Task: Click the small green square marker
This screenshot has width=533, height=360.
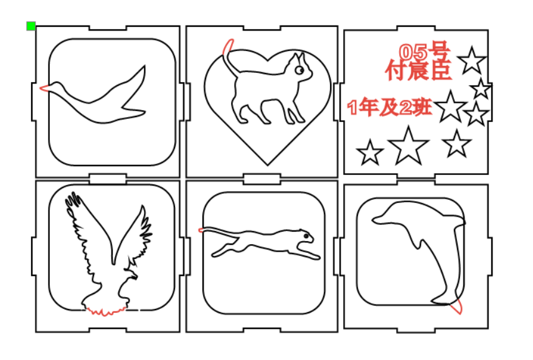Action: pyautogui.click(x=31, y=26)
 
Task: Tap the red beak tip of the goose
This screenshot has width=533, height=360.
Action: pyautogui.click(x=41, y=88)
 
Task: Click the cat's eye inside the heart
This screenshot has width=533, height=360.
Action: pyautogui.click(x=300, y=70)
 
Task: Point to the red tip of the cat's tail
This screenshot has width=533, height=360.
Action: pyautogui.click(x=228, y=47)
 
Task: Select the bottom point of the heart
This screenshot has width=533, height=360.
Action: pyautogui.click(x=268, y=165)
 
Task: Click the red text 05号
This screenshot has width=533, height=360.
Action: pyautogui.click(x=425, y=51)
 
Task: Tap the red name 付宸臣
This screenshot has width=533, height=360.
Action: pyautogui.click(x=418, y=70)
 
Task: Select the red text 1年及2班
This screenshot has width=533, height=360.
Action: pyautogui.click(x=390, y=107)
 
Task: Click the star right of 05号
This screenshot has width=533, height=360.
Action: pyautogui.click(x=472, y=61)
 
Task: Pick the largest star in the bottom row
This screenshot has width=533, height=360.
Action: pyautogui.click(x=408, y=146)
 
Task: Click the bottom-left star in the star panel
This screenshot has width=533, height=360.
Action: pyautogui.click(x=369, y=153)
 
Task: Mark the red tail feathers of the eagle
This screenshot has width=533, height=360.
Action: pyautogui.click(x=105, y=311)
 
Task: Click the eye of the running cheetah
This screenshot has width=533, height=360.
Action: pyautogui.click(x=306, y=235)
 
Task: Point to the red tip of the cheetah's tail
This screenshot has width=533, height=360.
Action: pyautogui.click(x=200, y=230)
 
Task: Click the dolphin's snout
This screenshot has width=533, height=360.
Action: pyautogui.click(x=376, y=220)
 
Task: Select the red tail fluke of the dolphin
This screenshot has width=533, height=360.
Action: pyautogui.click(x=456, y=306)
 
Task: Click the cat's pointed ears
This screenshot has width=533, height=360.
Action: pyautogui.click(x=298, y=57)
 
